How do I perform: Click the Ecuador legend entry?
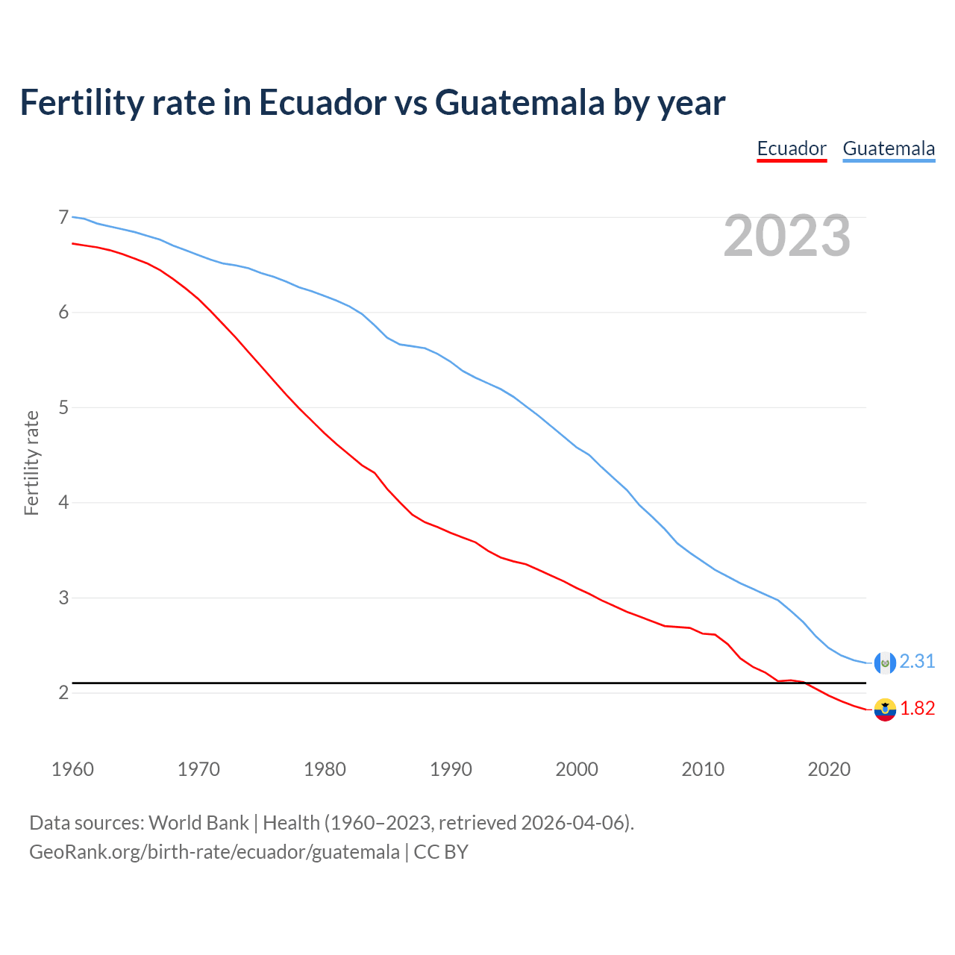(792, 148)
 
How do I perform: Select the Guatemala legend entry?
(889, 148)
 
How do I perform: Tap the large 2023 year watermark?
(787, 236)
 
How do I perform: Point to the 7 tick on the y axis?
(63, 217)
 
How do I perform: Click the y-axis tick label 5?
(63, 407)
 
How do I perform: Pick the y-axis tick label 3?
(63, 598)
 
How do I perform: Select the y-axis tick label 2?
(63, 692)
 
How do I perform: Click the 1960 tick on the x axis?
(72, 769)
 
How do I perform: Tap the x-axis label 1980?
(325, 769)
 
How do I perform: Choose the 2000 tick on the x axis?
(577, 769)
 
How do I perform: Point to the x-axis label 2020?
(829, 769)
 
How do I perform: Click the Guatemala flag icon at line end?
(885, 663)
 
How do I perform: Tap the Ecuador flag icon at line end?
(885, 710)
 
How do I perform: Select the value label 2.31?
(917, 662)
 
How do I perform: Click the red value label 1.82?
(917, 709)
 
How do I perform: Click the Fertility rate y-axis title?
(31, 463)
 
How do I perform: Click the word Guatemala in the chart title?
(519, 103)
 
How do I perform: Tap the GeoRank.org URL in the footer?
(214, 852)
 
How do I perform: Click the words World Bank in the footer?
(198, 823)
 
